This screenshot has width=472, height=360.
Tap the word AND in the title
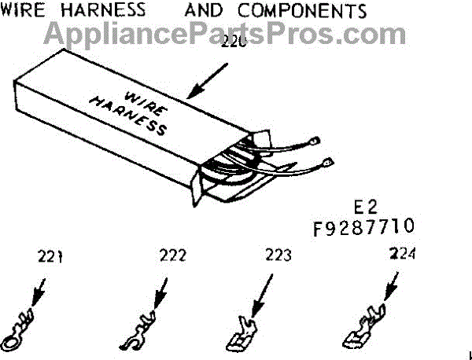(208, 10)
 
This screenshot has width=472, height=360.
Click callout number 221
(49, 256)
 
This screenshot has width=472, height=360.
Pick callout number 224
(403, 255)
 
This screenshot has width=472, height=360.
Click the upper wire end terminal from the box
(315, 142)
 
